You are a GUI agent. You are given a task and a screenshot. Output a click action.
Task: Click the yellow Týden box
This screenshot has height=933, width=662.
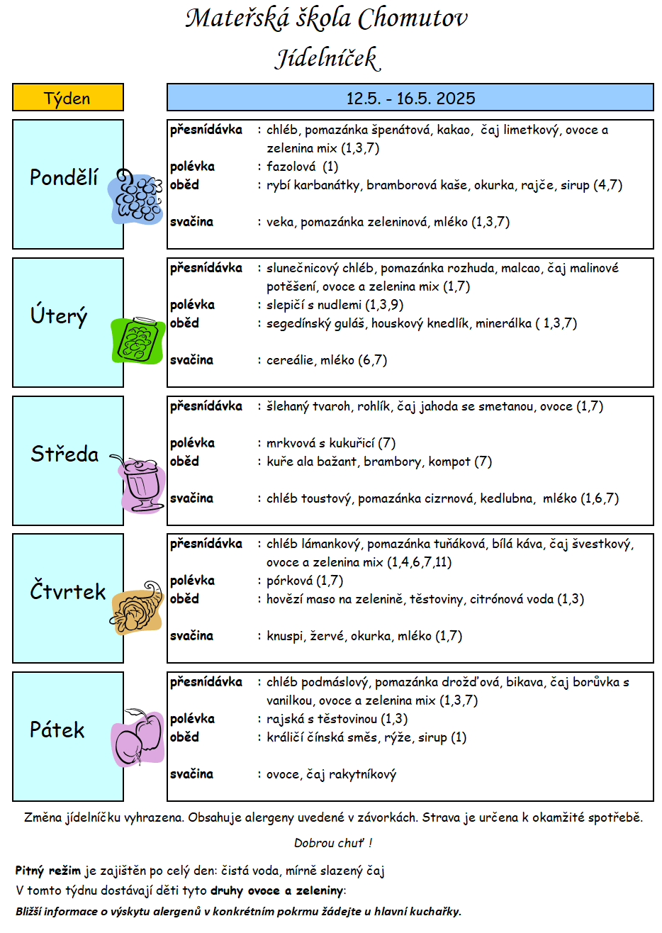coord(68,97)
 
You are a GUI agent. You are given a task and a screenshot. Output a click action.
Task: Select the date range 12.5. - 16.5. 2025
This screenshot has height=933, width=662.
coord(410,99)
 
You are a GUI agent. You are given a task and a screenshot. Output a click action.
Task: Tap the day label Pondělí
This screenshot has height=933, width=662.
coord(64,177)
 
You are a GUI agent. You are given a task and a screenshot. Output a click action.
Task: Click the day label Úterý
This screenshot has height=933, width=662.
coord(59,315)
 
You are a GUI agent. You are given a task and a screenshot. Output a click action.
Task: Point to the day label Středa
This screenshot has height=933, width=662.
coord(64,454)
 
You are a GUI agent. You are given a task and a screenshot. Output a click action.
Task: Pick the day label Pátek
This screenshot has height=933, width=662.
coord(57,730)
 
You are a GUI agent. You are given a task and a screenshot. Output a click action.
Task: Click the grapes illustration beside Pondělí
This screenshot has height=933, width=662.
coord(135,196)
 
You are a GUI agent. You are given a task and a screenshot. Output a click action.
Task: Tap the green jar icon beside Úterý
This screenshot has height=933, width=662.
coord(138,340)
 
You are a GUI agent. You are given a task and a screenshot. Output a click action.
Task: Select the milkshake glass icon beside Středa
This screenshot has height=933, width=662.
coord(140,484)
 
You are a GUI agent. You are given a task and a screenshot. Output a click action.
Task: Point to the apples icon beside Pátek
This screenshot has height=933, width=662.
coord(138,737)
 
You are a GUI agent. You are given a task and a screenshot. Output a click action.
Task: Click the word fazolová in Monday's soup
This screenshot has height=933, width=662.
coord(291,167)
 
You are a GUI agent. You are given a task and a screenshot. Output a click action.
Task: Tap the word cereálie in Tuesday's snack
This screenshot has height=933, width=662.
coord(290,360)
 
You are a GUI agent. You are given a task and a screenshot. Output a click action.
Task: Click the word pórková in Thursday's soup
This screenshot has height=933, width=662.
coord(290,581)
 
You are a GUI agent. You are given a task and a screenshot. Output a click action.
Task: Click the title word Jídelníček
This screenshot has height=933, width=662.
coord(327,58)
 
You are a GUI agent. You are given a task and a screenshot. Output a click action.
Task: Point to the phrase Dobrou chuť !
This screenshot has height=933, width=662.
coord(333,843)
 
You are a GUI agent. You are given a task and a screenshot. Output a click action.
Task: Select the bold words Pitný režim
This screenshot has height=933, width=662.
coord(48,871)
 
